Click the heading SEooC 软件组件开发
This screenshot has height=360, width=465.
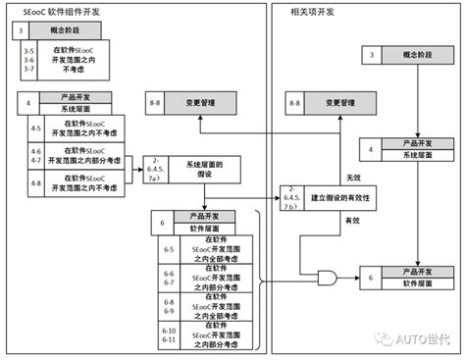click(60, 12)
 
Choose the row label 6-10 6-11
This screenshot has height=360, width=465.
click(169, 337)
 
